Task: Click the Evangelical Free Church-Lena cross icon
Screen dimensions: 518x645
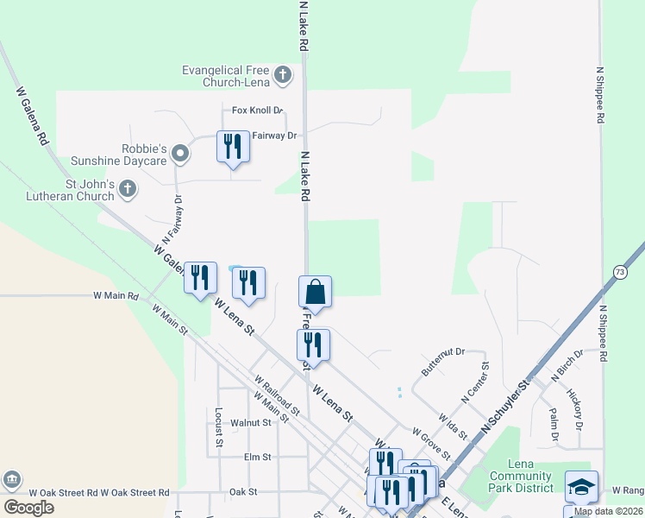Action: coord(283,76)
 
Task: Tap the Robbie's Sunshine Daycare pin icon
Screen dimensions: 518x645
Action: coord(179,155)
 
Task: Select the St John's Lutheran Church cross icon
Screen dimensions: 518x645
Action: coord(127,188)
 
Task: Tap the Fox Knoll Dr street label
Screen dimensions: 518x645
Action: coord(257,111)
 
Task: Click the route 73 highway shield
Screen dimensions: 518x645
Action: coord(620,272)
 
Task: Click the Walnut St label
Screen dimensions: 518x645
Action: coord(251,422)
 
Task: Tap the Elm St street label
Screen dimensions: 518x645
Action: coord(257,457)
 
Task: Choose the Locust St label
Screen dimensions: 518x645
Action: coord(219,427)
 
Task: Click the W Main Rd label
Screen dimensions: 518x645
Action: coord(116,295)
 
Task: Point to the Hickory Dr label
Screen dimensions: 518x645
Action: coord(575,409)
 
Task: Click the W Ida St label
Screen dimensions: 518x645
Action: coord(453,426)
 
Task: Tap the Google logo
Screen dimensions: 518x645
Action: coord(28,508)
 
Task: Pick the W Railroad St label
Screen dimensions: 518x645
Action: coord(276,395)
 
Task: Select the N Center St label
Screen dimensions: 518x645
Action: coord(475,383)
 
